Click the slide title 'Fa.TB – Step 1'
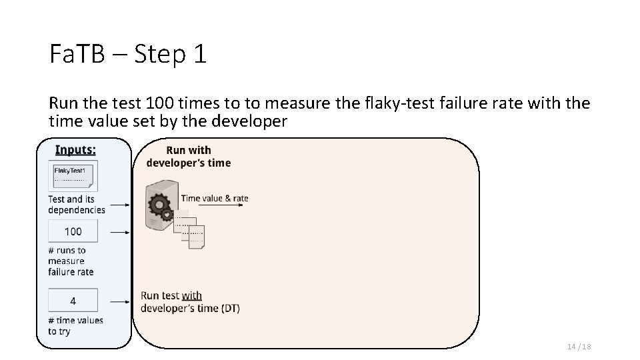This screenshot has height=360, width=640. point(128,54)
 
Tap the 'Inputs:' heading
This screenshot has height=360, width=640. point(75,150)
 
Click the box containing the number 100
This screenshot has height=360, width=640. point(73,231)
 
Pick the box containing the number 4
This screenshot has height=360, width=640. point(73,301)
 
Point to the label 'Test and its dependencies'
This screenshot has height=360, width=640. point(76,204)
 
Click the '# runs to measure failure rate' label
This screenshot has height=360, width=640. point(71,261)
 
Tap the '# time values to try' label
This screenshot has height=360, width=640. point(75,325)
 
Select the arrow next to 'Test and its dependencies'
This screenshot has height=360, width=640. point(120,206)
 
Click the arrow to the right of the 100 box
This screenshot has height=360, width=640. point(120,232)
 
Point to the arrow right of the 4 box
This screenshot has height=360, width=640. point(120,301)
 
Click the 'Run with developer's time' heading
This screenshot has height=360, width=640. point(189,157)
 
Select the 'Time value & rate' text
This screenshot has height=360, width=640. point(215,197)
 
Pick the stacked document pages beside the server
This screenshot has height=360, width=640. point(191,231)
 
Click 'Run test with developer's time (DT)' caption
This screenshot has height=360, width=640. point(190,301)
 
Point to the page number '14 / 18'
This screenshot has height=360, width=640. point(579,347)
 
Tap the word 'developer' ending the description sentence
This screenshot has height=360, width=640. point(249,121)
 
